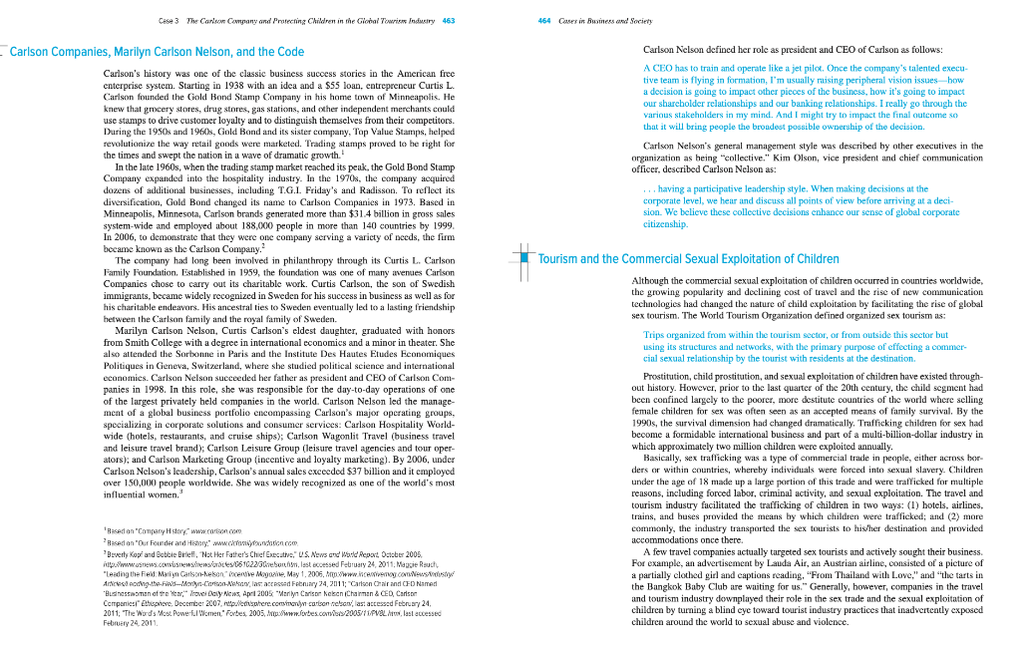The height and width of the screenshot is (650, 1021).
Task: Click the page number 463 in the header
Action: (x=449, y=21)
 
